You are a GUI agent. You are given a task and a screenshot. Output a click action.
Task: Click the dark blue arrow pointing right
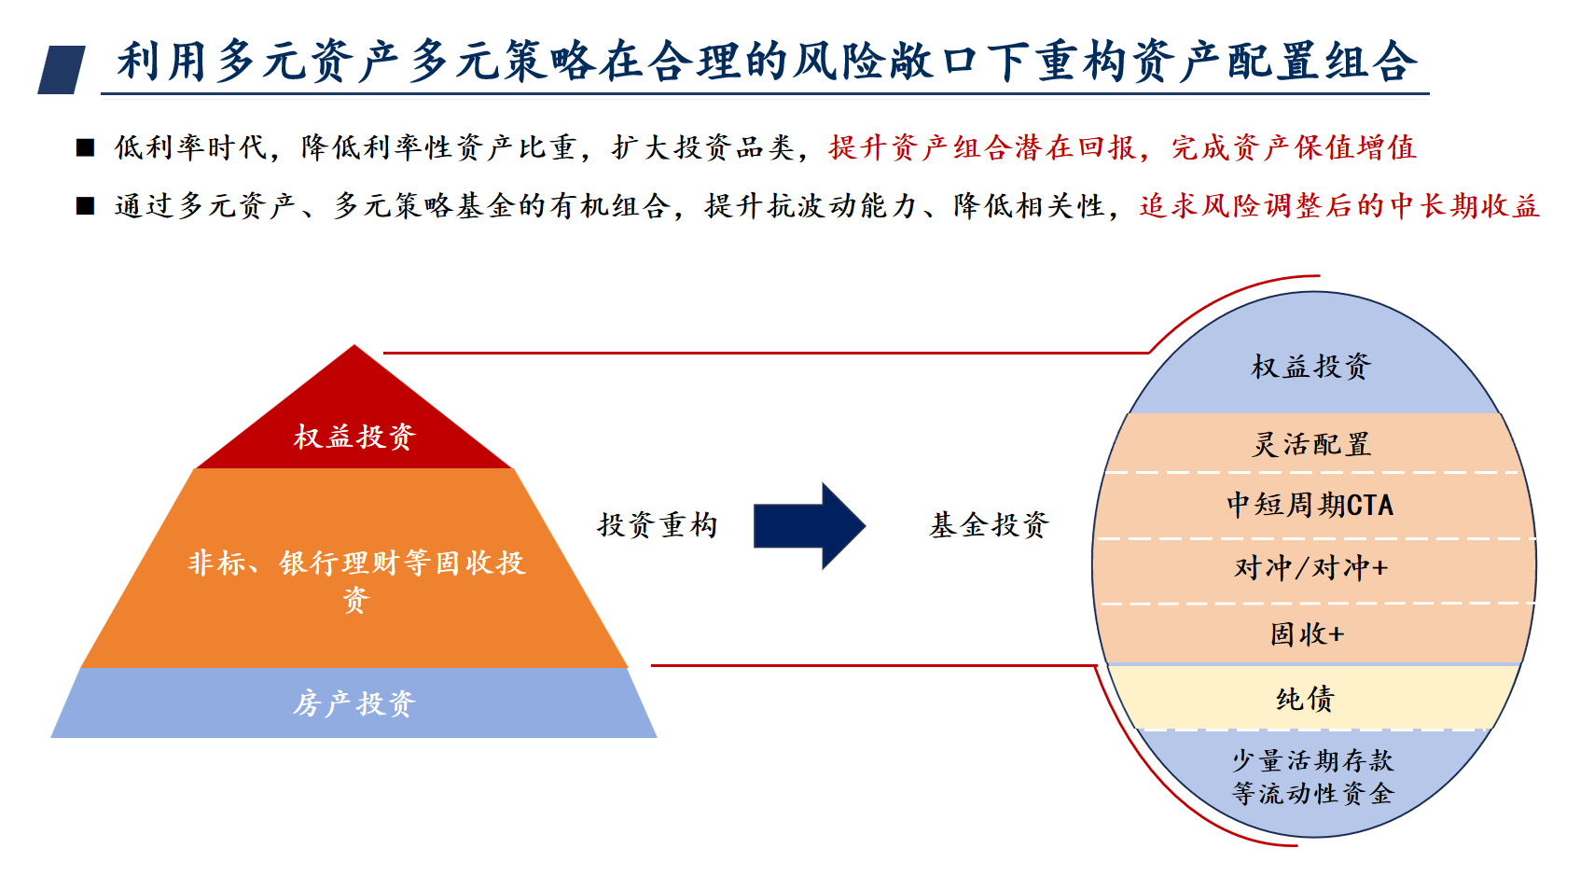[x=808, y=526]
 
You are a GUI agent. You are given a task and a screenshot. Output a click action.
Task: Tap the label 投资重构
[x=658, y=525]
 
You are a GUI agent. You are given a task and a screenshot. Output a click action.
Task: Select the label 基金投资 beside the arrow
[x=989, y=525]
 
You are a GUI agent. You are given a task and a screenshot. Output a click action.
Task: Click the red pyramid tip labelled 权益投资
[x=354, y=436]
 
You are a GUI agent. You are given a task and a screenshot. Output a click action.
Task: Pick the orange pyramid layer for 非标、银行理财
[x=355, y=577]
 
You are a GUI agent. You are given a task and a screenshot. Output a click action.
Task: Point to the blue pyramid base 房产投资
[x=353, y=703]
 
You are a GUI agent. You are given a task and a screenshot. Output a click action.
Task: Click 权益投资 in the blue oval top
[x=1310, y=367]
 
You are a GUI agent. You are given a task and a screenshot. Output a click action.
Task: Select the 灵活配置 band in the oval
[x=1310, y=444]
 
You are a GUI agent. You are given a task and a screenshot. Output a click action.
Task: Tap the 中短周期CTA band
[x=1310, y=505]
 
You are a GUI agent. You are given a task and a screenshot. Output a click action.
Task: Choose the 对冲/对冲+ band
[x=1310, y=568]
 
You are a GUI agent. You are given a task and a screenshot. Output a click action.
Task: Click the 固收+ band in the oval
[x=1308, y=634]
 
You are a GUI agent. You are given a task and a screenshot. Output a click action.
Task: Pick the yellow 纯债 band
[x=1306, y=699]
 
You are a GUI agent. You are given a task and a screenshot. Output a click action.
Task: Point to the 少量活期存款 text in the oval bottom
[x=1312, y=761]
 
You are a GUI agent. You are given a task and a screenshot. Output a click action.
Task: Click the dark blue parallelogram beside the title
[x=62, y=70]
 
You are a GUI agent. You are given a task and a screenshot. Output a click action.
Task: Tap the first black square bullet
[x=86, y=147]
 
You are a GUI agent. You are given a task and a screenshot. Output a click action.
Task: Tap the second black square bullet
[x=86, y=206]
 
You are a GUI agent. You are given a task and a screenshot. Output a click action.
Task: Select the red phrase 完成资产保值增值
[x=1294, y=147]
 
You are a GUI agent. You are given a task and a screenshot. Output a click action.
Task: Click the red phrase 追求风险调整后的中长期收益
[x=1338, y=206]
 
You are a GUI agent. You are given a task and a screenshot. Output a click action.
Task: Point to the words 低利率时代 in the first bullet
[x=190, y=147]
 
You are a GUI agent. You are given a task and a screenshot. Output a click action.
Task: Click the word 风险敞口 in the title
[x=884, y=62]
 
